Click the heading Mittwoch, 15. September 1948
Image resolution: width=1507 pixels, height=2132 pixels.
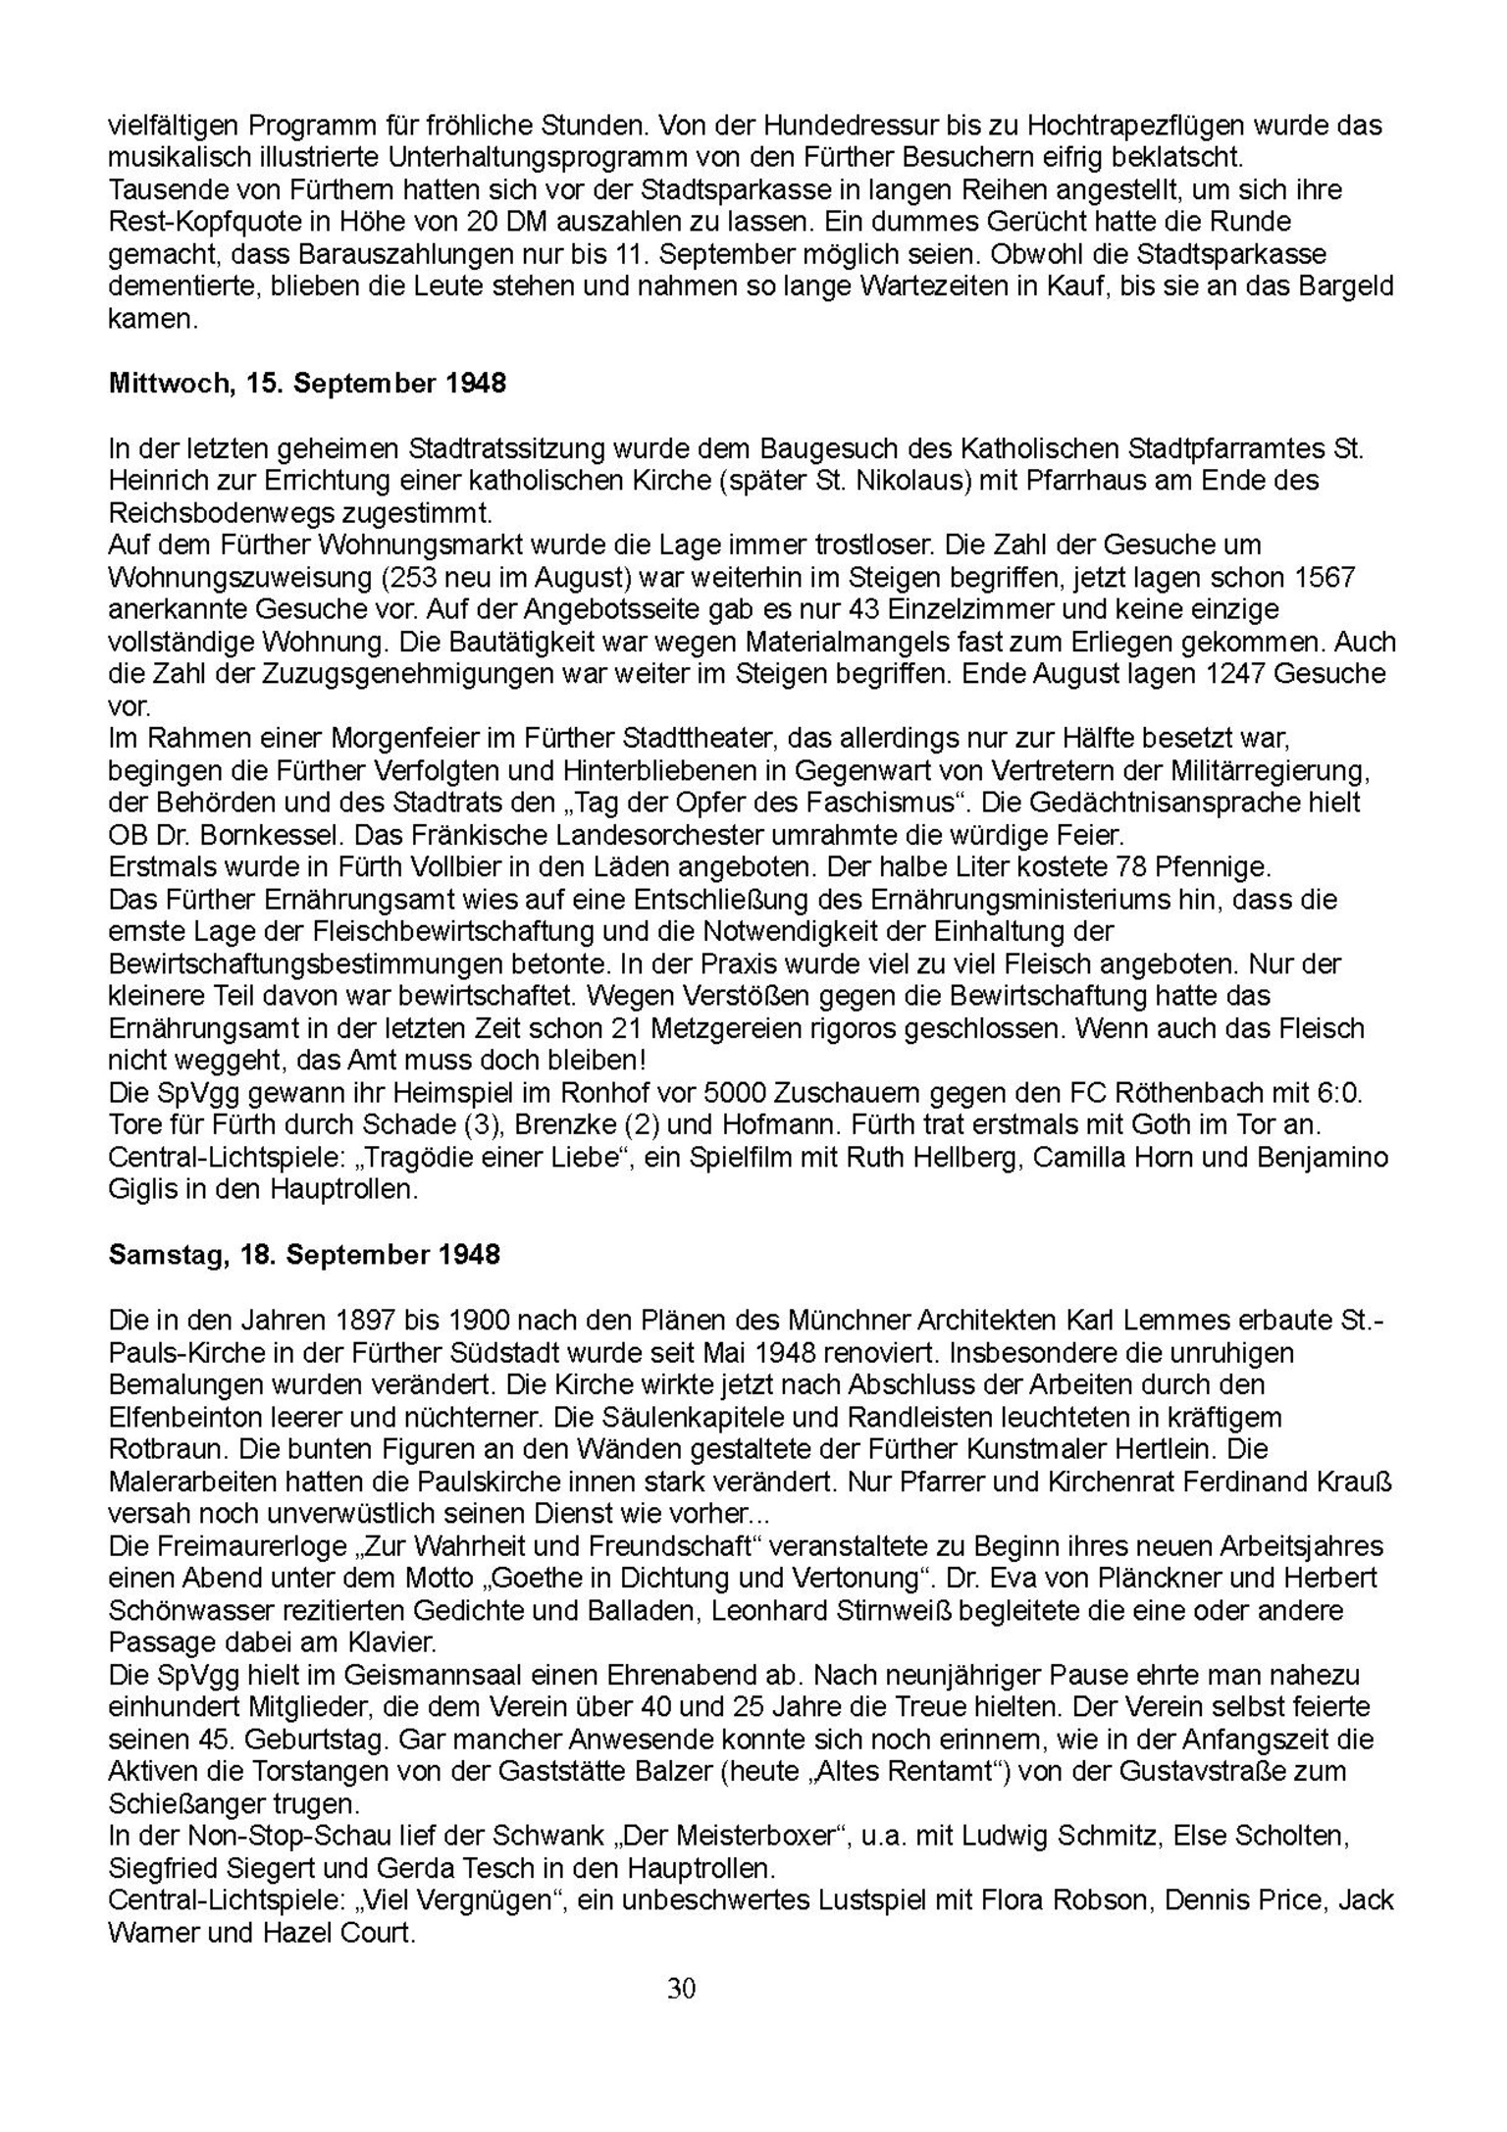tap(307, 384)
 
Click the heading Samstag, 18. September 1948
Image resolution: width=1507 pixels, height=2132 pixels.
tap(304, 1255)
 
